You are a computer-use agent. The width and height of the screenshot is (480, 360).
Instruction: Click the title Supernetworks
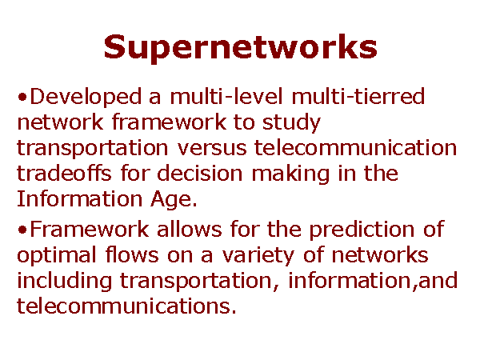pyautogui.click(x=240, y=47)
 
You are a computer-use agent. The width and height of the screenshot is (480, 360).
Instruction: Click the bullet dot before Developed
pyautogui.click(x=22, y=98)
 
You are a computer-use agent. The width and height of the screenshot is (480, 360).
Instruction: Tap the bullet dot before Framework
pyautogui.click(x=22, y=230)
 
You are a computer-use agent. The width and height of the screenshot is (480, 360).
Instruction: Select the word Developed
pyautogui.click(x=86, y=98)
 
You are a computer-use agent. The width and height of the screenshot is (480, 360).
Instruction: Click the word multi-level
pyautogui.click(x=226, y=96)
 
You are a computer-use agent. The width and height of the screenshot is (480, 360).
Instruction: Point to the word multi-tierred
pyautogui.click(x=358, y=96)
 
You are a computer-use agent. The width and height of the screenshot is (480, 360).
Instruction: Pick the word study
pyautogui.click(x=291, y=123)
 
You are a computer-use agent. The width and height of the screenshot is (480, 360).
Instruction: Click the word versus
pyautogui.click(x=212, y=149)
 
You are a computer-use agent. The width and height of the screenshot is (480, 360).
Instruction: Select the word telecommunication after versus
pyautogui.click(x=355, y=147)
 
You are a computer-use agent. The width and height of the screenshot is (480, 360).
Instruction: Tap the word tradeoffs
pyautogui.click(x=64, y=173)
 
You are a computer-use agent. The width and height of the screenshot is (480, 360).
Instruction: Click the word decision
pyautogui.click(x=199, y=173)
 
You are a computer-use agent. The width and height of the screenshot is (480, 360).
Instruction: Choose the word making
pyautogui.click(x=290, y=174)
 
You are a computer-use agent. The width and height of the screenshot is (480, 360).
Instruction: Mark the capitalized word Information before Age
pyautogui.click(x=79, y=198)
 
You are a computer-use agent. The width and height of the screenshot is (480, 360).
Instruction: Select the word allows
pyautogui.click(x=189, y=229)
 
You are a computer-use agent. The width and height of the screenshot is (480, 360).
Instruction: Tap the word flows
pyautogui.click(x=132, y=254)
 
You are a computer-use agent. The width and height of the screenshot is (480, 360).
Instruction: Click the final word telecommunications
pyautogui.click(x=126, y=306)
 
